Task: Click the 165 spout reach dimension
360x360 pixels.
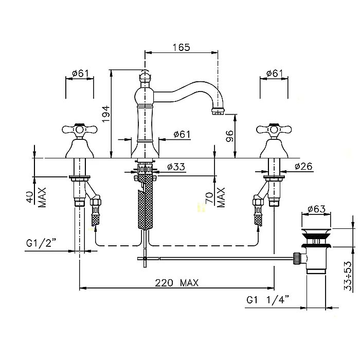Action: [181, 47]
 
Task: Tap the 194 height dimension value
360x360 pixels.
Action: [104, 113]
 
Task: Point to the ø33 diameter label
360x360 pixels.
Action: [176, 167]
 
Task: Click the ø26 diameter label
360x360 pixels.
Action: [303, 166]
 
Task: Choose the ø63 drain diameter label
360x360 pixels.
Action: [316, 209]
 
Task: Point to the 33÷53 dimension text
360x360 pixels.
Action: [349, 275]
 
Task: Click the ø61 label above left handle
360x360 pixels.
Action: [80, 73]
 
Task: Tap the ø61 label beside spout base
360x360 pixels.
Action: [182, 134]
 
